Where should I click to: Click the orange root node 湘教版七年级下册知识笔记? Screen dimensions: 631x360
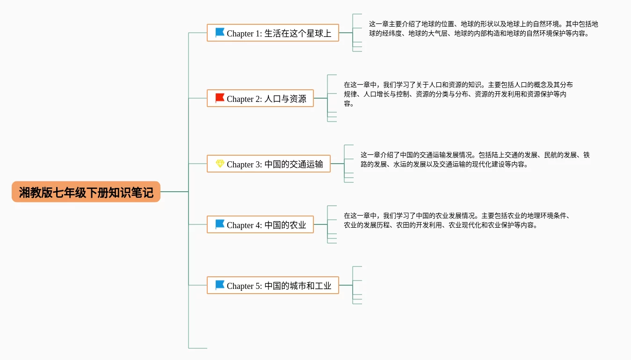point(86,192)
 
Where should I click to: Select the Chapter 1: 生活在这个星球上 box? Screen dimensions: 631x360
point(273,33)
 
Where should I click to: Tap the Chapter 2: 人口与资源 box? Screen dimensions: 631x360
point(260,98)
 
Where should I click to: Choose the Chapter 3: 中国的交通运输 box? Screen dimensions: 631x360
point(268,164)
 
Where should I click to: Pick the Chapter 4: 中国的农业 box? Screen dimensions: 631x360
point(260,224)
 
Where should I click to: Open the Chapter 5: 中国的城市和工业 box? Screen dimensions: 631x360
point(273,285)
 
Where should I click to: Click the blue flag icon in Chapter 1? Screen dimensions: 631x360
point(220,33)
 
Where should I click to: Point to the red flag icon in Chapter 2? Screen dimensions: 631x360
point(220,98)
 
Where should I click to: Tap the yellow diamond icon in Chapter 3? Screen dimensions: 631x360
point(220,163)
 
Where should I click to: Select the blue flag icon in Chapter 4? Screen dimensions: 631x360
point(220,224)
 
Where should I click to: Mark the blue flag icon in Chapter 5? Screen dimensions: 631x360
point(220,285)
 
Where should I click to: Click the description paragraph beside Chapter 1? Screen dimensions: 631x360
point(483,29)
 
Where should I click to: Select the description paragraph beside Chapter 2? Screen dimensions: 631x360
point(458,94)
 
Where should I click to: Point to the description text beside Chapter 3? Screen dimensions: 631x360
point(475,159)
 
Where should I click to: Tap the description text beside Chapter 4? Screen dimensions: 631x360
point(457,220)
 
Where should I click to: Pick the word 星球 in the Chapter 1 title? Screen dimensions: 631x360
point(315,33)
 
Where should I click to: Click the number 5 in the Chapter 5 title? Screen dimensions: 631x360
point(258,286)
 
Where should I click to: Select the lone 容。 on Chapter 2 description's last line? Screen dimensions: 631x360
point(349,103)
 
